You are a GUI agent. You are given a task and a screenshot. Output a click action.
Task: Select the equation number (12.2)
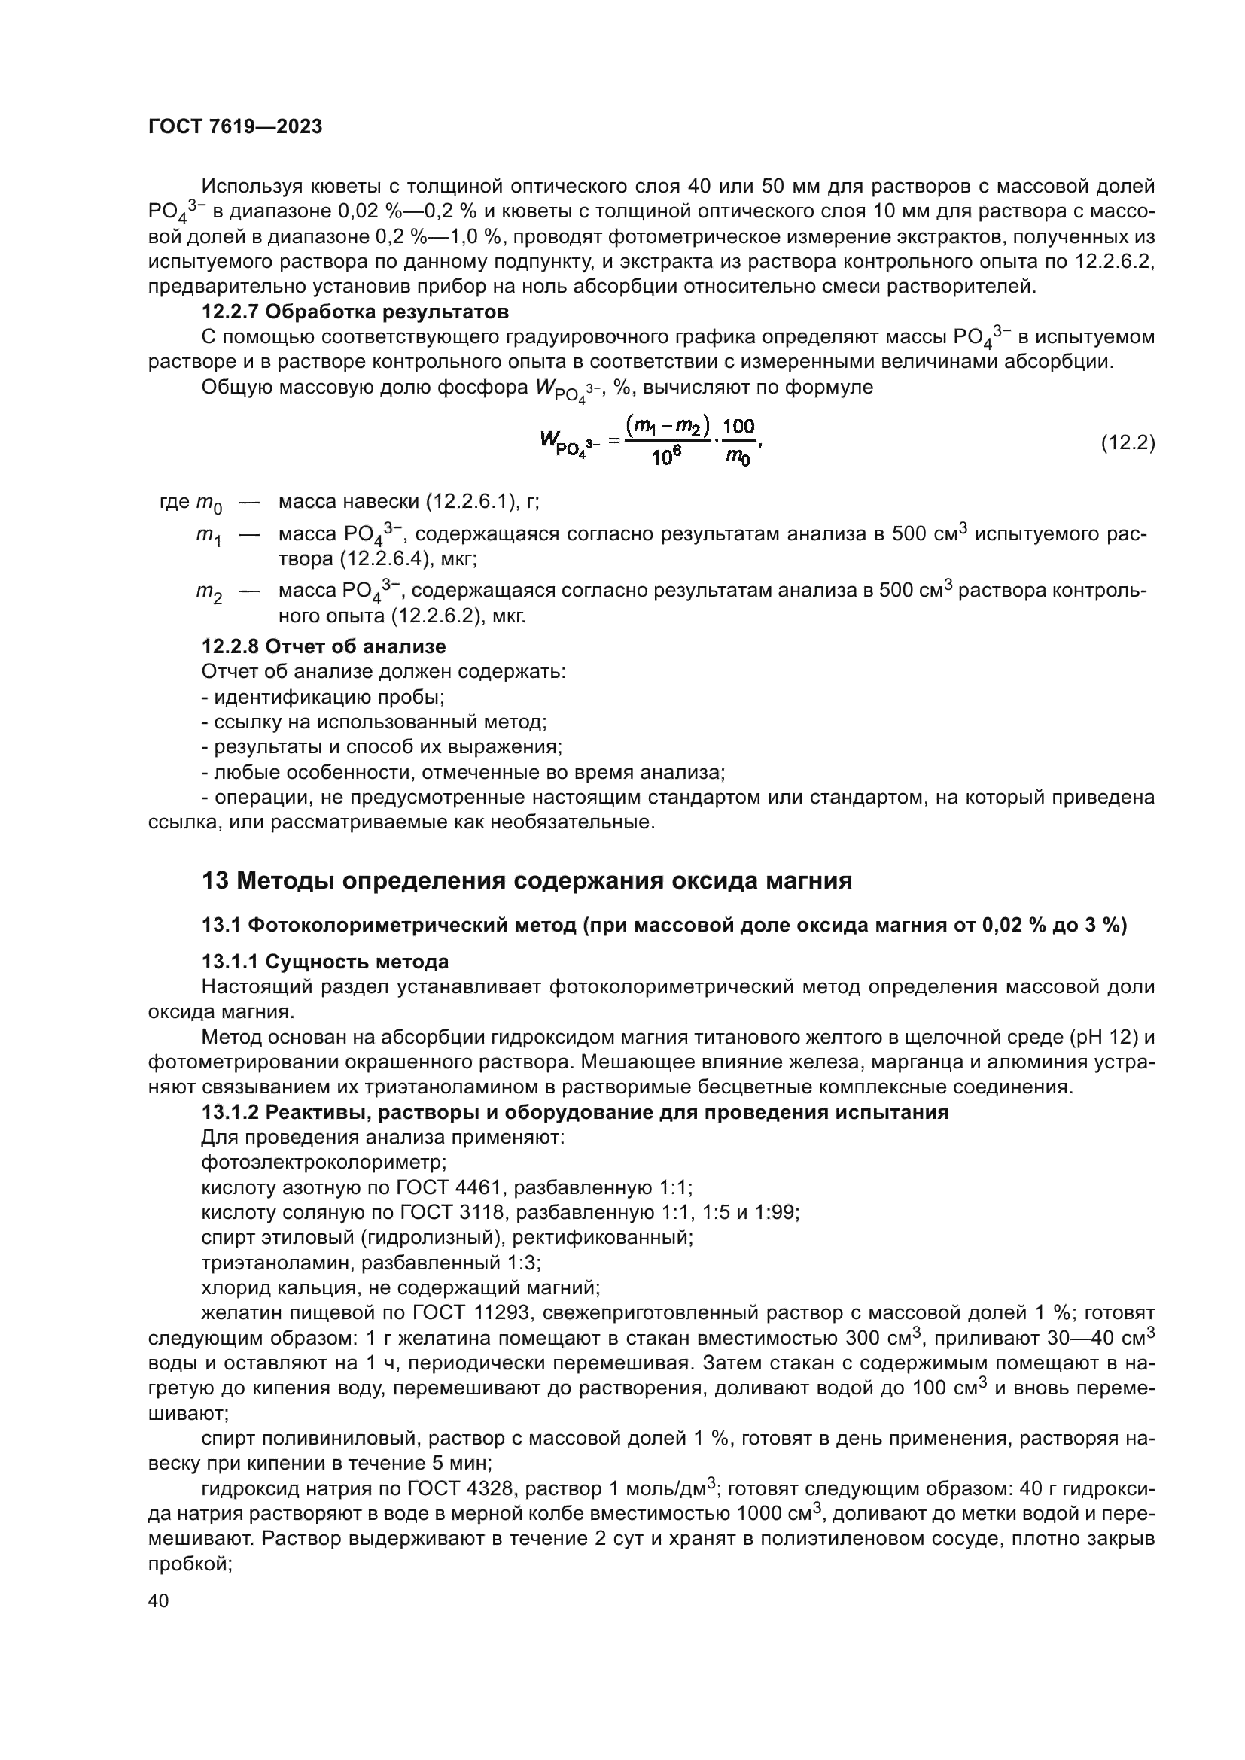pos(1127,443)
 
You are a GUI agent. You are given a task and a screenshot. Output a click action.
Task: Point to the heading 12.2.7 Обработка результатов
pos(355,312)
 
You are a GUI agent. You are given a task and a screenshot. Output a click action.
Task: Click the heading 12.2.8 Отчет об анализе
pos(323,646)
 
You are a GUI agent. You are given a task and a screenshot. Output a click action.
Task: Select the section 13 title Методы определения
pos(527,881)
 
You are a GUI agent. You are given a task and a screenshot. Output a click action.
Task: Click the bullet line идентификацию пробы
pos(323,697)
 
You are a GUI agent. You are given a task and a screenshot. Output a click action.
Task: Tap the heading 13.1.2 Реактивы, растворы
pos(575,1112)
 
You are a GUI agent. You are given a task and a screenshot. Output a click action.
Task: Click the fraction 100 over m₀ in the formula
pos(738,443)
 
